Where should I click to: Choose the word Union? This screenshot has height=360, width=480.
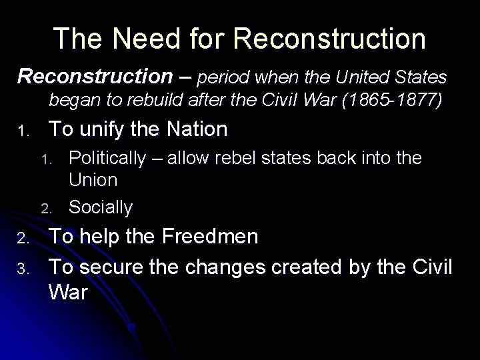(x=93, y=180)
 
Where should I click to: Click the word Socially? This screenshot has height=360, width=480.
(x=101, y=207)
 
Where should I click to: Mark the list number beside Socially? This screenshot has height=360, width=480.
(x=45, y=209)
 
